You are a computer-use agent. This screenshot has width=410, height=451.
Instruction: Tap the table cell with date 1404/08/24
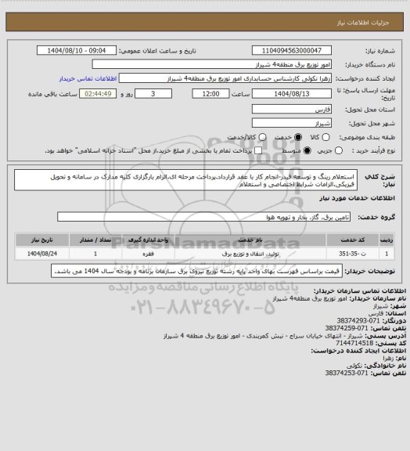[45, 254]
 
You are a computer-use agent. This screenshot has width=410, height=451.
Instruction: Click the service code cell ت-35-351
[362, 254]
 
